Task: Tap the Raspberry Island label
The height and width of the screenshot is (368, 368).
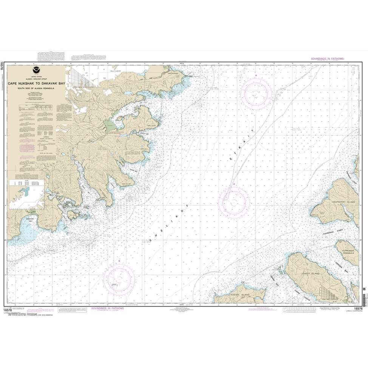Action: pos(343,203)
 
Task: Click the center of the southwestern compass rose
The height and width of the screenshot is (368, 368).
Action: pos(120,280)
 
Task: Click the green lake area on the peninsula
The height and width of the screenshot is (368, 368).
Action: pos(111,125)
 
